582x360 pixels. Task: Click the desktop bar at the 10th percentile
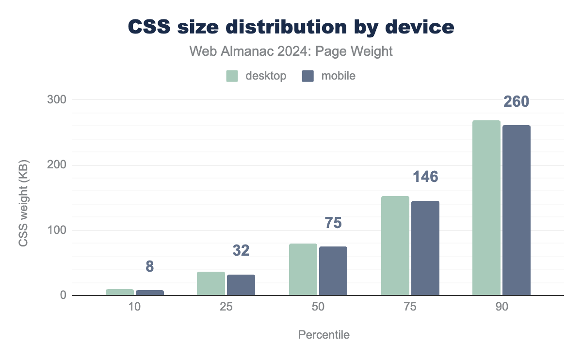coord(120,292)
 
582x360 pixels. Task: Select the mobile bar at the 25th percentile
coord(241,285)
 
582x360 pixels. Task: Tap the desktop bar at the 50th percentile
coord(303,269)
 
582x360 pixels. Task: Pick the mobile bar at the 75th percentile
coord(425,248)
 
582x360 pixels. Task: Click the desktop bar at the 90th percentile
coord(486,208)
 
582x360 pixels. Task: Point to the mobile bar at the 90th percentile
coord(517,210)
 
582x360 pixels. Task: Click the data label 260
coord(516,102)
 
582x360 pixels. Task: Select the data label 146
coord(425,177)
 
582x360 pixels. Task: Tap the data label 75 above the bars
coord(333,223)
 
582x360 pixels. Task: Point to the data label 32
coord(241,250)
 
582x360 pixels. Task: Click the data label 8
coord(150,266)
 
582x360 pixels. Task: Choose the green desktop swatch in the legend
coord(232,76)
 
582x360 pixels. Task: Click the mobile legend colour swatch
coord(308,76)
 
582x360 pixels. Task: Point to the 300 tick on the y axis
coord(56,99)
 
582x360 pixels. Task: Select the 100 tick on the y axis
coord(56,230)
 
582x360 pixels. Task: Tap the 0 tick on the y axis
coord(63,295)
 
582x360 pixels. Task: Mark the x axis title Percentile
coord(323,335)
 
